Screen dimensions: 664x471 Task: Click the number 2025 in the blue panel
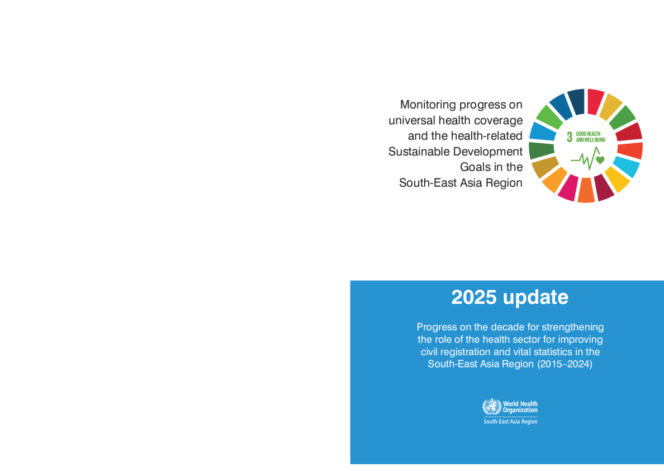(x=473, y=297)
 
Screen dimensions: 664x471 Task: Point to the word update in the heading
(x=535, y=298)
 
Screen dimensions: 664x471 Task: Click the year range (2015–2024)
(x=565, y=364)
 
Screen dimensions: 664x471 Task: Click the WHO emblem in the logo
(x=492, y=407)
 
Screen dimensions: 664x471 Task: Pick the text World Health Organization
(x=520, y=407)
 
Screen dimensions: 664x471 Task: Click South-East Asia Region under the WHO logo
(x=510, y=421)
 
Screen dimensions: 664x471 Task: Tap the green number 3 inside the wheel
(x=570, y=137)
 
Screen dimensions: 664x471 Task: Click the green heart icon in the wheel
(x=600, y=160)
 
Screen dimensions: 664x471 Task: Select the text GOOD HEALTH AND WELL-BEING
(x=591, y=137)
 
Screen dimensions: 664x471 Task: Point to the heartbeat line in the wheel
(x=585, y=158)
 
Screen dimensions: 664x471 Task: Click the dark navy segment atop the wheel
(x=576, y=102)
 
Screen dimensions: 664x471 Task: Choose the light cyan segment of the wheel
(x=626, y=167)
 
